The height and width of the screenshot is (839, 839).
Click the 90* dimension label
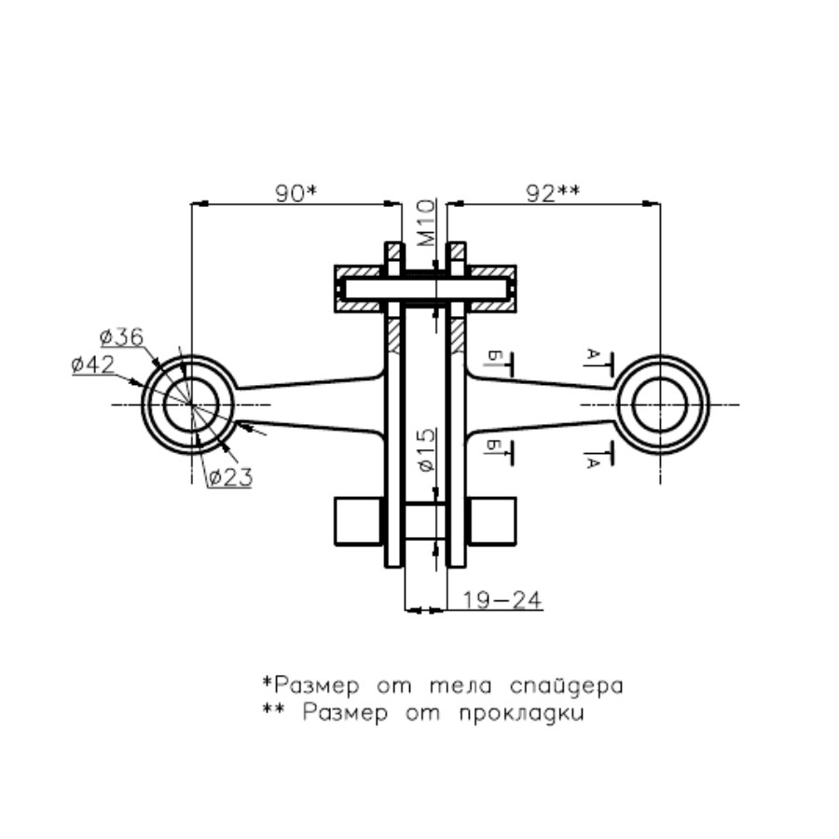296,193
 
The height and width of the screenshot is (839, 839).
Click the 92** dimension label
553,193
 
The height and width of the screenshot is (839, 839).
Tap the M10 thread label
426,223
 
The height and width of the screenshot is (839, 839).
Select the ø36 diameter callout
122,337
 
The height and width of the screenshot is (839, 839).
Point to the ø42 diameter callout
93,364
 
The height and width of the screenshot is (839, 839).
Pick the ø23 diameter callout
230,476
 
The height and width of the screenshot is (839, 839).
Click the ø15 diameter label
426,450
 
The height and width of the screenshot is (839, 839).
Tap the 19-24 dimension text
502,600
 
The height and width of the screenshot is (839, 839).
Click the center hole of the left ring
191,405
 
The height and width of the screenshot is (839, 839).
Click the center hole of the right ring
660,405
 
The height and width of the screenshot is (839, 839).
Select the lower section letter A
591,462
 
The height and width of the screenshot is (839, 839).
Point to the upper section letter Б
494,355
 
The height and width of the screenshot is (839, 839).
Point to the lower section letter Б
494,446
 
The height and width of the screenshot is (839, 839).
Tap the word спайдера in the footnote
567,686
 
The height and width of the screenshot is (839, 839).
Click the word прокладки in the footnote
522,714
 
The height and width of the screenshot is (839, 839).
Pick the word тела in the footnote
461,686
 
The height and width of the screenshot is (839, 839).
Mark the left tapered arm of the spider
310,405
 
